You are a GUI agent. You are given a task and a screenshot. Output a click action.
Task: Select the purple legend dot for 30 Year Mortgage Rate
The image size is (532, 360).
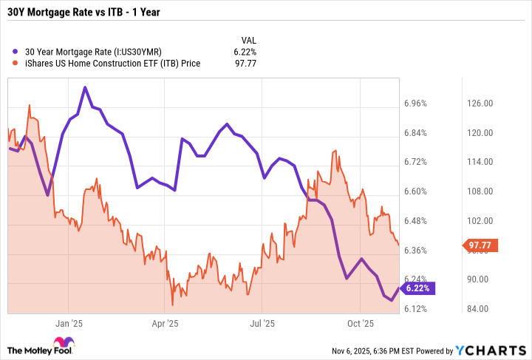pyautogui.click(x=16, y=52)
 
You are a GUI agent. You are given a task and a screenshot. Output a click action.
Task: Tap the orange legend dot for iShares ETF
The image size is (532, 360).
pyautogui.click(x=16, y=64)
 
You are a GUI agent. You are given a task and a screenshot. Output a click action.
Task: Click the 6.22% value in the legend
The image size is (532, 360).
pyautogui.click(x=245, y=52)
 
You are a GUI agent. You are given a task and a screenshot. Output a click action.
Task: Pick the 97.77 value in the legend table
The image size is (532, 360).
pyautogui.click(x=245, y=64)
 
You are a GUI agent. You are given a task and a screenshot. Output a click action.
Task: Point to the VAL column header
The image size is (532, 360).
pyautogui.click(x=249, y=40)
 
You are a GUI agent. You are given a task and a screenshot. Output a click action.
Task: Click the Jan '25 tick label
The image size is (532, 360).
pyautogui.click(x=68, y=323)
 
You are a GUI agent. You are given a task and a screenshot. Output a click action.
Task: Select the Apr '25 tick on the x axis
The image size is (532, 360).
pyautogui.click(x=166, y=323)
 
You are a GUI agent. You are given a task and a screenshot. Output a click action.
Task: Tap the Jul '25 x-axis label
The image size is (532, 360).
pyautogui.click(x=262, y=323)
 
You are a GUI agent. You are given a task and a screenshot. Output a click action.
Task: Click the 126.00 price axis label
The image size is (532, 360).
pyautogui.click(x=478, y=103)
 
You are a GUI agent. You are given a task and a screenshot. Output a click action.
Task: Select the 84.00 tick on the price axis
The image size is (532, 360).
pyautogui.click(x=478, y=309)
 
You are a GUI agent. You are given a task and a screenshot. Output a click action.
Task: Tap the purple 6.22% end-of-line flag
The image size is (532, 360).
pyautogui.click(x=420, y=288)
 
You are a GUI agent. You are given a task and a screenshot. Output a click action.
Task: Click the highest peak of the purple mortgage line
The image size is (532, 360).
pyautogui.click(x=85, y=87)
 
